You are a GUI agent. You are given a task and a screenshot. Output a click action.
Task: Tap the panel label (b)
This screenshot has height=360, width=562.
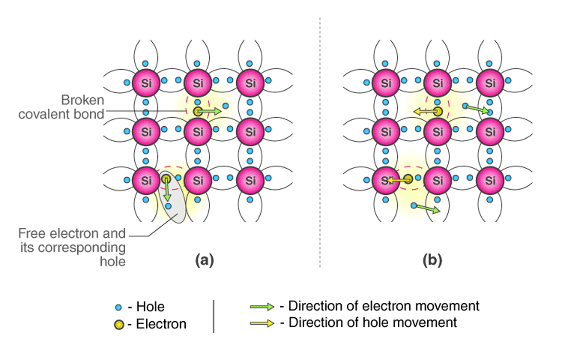point(432,260)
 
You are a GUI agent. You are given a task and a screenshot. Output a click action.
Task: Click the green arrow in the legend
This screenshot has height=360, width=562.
point(262,306)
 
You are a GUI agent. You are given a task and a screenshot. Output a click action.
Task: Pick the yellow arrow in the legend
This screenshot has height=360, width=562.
point(262,323)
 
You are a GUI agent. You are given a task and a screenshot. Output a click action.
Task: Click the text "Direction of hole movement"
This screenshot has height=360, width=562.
point(372,323)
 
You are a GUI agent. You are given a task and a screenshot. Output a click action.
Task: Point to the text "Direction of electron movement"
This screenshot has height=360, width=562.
point(383,306)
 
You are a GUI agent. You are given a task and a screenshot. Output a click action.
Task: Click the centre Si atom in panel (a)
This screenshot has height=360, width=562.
point(198,131)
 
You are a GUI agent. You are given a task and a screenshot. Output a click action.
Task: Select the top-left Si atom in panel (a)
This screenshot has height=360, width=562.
point(146,83)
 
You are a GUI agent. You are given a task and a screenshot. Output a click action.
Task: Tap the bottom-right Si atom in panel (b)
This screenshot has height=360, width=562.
point(490,180)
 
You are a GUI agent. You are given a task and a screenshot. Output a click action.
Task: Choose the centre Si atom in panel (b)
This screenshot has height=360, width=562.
point(438,131)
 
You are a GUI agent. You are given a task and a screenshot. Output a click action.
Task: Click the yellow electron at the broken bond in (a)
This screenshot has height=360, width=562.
point(197,112)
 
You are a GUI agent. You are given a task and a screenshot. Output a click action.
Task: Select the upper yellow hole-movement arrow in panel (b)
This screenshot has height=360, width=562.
point(424,112)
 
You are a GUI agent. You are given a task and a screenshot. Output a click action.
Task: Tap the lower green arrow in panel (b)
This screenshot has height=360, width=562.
point(427,208)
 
